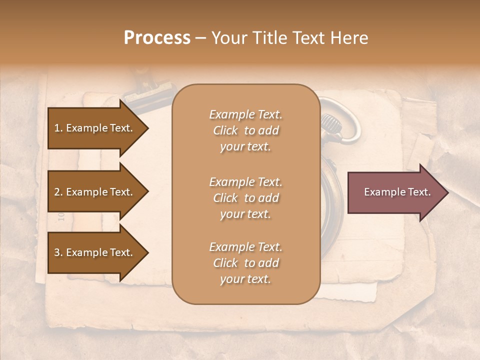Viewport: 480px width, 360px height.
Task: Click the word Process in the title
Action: click(157, 38)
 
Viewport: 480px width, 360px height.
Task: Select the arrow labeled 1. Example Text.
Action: click(95, 128)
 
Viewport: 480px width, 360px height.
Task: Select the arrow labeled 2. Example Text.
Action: click(95, 192)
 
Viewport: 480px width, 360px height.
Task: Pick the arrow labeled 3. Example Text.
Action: click(95, 252)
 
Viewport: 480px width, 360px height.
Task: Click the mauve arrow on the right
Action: click(395, 192)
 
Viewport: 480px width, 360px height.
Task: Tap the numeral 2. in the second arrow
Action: click(58, 192)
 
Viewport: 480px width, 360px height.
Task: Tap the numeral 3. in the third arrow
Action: click(58, 252)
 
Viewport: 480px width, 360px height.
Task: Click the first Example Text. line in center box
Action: click(245, 114)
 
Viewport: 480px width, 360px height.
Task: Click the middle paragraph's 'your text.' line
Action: click(245, 214)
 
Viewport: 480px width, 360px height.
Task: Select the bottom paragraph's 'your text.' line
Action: click(245, 279)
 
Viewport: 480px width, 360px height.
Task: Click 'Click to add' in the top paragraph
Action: click(245, 130)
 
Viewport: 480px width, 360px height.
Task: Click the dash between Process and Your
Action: click(200, 38)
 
